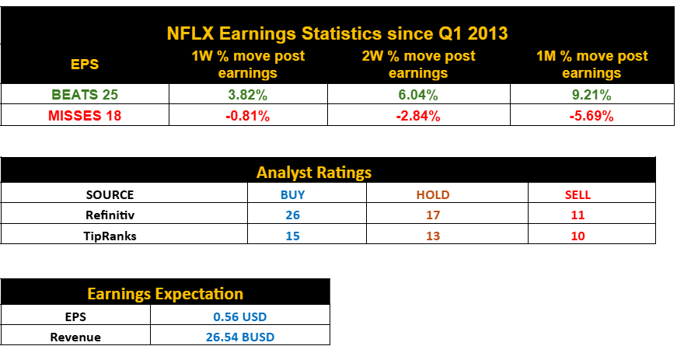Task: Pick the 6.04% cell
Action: click(418, 95)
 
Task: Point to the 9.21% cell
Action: click(592, 95)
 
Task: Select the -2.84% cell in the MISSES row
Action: click(418, 116)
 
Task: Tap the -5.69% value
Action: click(592, 116)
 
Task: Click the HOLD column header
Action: click(433, 194)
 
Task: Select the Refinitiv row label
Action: click(110, 215)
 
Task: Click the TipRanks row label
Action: click(110, 236)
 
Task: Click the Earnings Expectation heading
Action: click(165, 293)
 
